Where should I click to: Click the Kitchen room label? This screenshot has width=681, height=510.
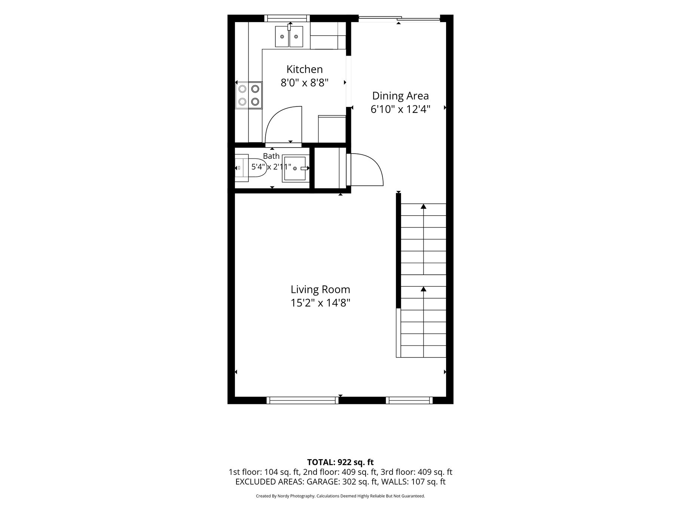305,69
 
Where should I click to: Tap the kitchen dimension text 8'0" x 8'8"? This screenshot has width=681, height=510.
305,83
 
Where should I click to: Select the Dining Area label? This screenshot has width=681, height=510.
400,96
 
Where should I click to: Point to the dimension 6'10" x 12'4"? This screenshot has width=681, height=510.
400,109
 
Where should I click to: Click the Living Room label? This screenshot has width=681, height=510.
320,290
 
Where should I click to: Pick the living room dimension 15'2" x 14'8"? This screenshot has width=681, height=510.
320,303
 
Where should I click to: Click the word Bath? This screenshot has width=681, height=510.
271,156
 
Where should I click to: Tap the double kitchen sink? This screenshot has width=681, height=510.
289,36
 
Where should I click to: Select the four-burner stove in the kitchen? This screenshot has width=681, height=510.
248,95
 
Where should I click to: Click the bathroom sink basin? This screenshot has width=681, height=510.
296,168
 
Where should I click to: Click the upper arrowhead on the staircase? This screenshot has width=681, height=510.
424,206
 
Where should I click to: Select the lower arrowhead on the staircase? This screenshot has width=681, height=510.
424,289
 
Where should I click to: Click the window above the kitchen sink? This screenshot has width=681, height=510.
287,18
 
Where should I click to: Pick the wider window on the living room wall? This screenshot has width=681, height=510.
302,401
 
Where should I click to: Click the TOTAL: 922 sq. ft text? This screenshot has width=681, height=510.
340,462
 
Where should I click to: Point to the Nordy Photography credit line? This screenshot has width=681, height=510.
340,496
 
